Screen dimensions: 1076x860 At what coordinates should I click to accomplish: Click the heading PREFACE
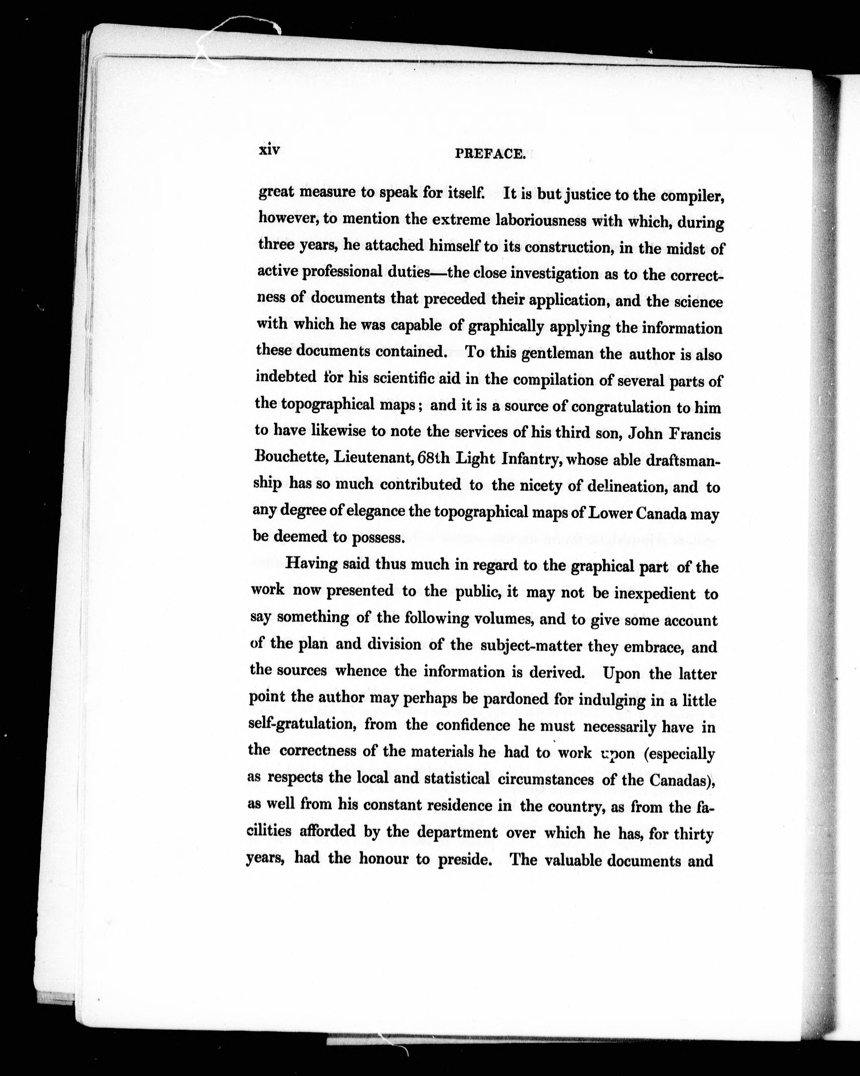490,155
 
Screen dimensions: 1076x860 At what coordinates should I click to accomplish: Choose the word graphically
505,327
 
